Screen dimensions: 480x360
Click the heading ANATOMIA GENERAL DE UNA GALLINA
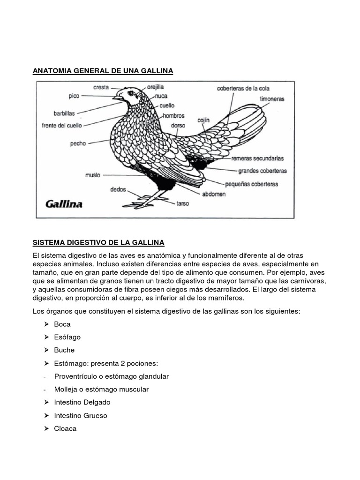103,71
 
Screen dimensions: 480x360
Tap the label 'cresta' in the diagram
101,87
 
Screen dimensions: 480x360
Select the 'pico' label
74,96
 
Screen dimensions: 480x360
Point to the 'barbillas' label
64,113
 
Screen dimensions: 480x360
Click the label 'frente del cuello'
61,126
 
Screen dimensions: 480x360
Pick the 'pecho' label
78,143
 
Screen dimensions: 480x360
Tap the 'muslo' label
92,175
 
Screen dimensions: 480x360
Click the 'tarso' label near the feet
182,204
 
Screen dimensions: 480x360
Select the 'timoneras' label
272,99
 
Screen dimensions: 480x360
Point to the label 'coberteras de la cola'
243,88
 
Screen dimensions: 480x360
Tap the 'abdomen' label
214,194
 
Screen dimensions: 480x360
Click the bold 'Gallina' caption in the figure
64,204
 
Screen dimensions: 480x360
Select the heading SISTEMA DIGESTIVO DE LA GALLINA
98,242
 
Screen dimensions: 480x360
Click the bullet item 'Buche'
64,350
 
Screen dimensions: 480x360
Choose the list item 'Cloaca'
65,428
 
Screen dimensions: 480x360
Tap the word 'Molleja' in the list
66,390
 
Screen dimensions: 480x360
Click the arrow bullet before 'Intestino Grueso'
46,416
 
